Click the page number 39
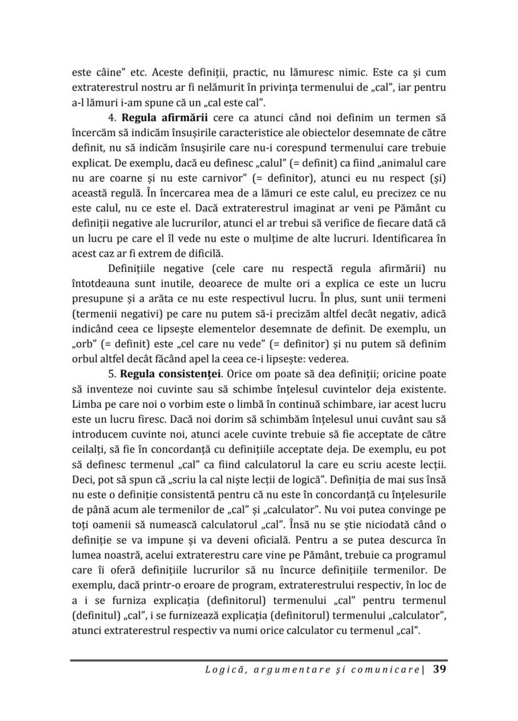coord(439,670)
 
